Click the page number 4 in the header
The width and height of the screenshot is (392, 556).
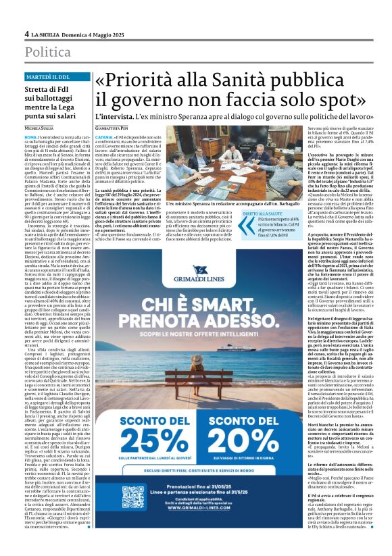(x=26, y=33)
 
